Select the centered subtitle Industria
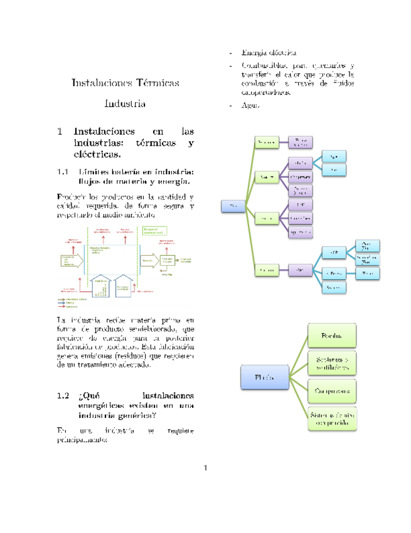(125, 104)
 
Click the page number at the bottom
(205, 468)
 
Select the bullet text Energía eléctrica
(269, 52)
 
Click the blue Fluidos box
(264, 378)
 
